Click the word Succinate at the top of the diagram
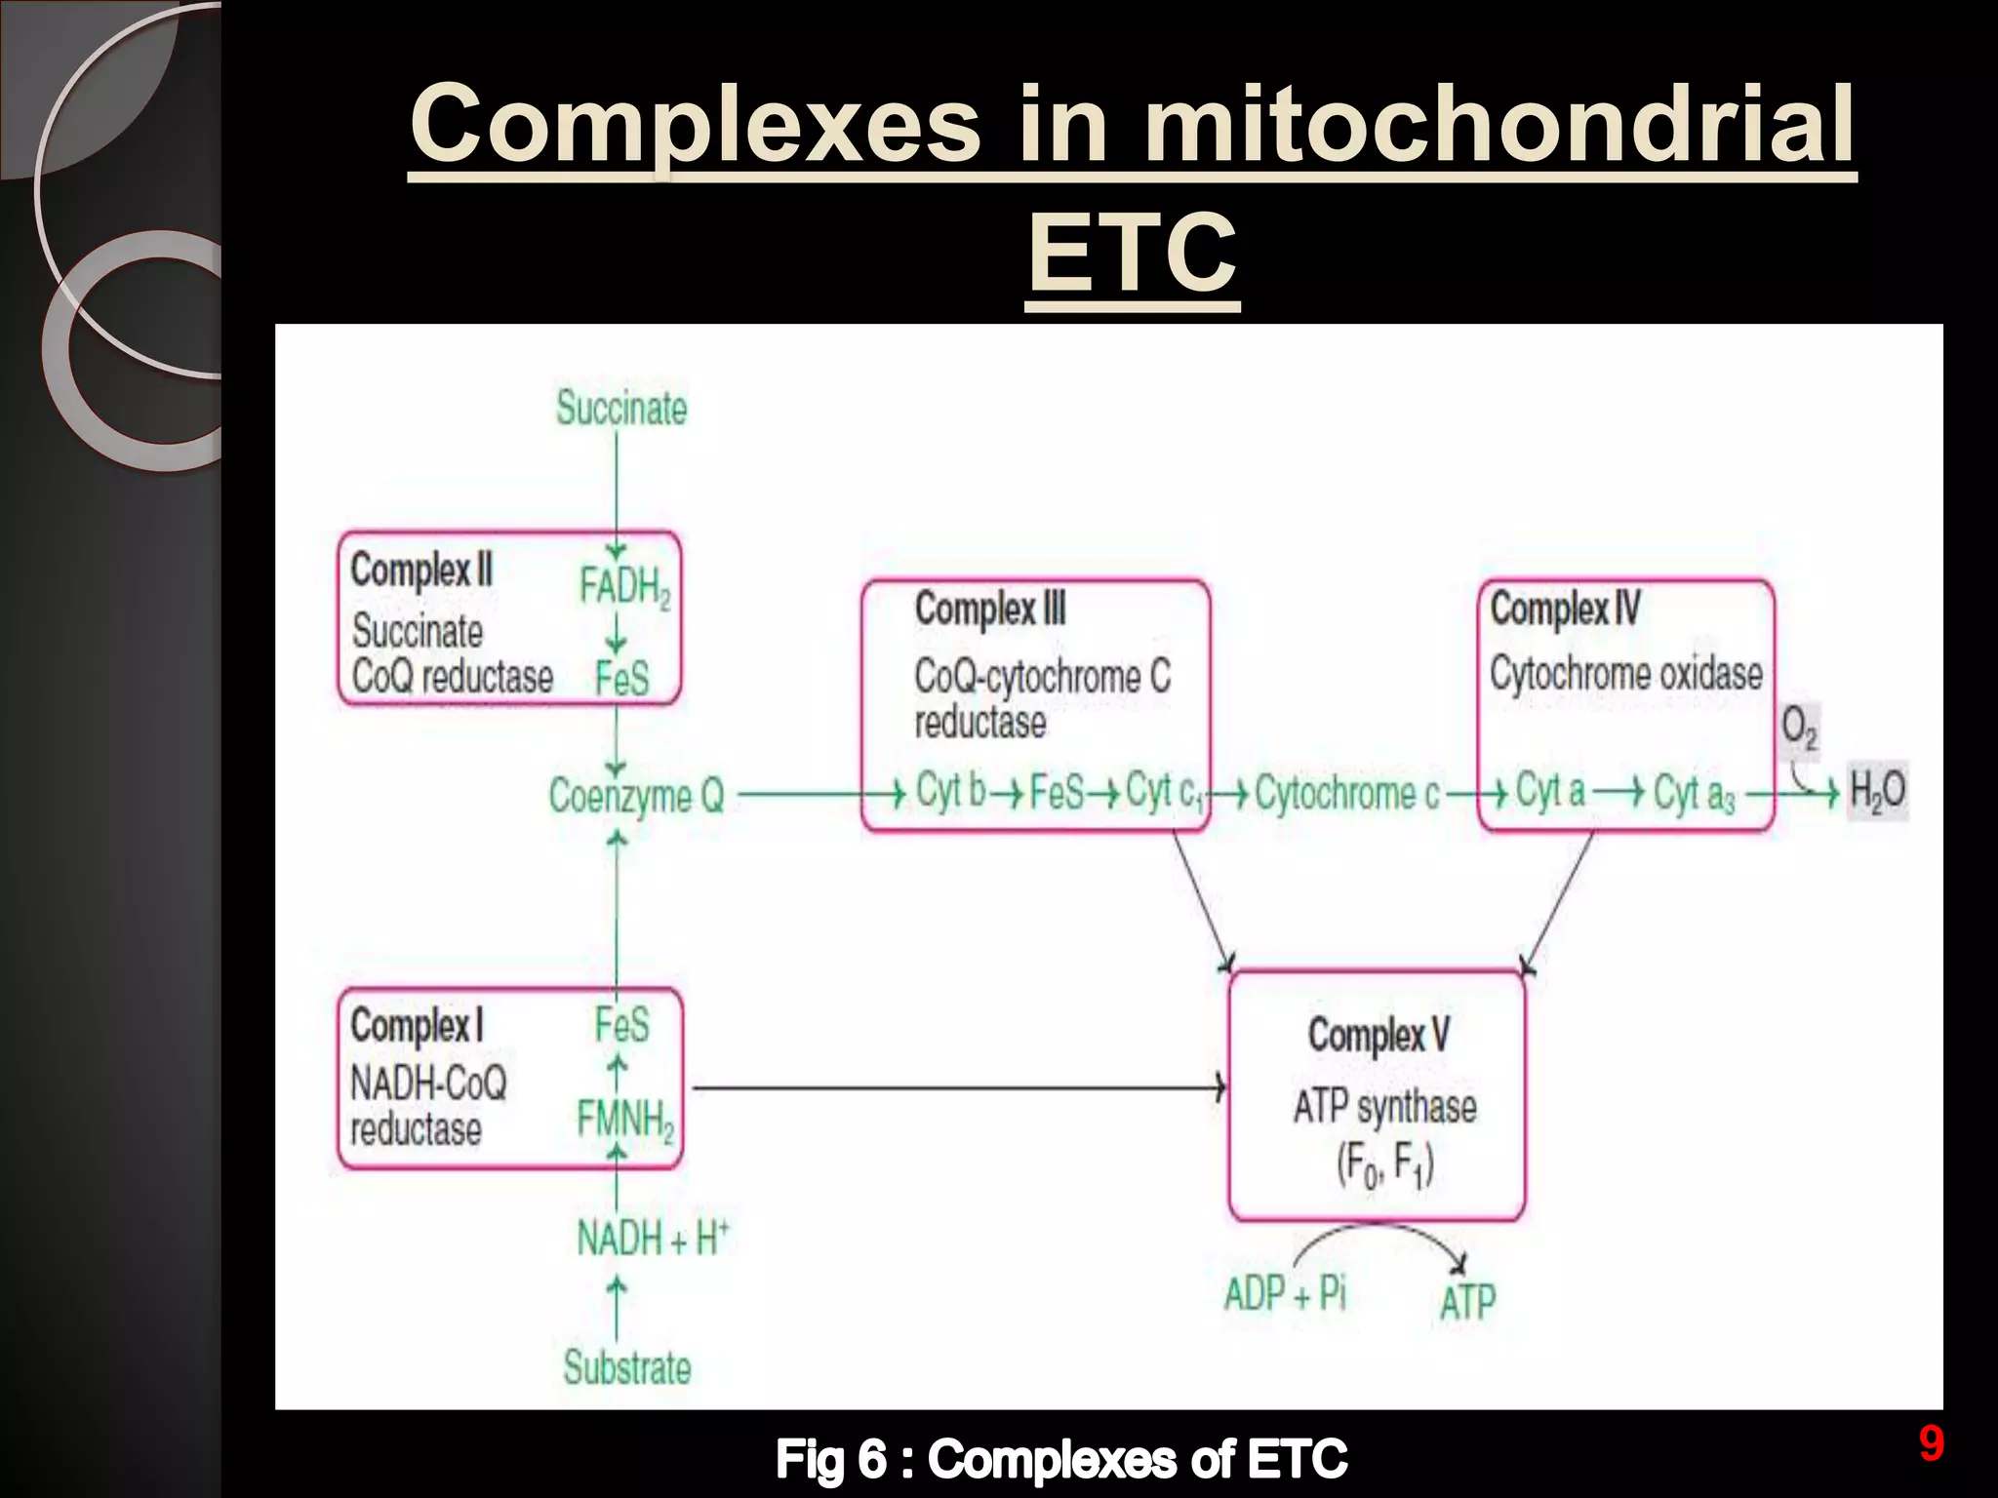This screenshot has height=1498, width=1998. click(x=621, y=408)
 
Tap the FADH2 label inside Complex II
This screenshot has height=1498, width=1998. click(x=624, y=587)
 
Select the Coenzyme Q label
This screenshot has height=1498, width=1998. click(x=636, y=796)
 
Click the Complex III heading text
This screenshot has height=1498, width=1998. click(x=990, y=610)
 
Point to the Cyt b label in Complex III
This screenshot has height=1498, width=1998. click(x=950, y=791)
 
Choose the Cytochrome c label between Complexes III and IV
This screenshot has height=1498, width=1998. click(x=1346, y=793)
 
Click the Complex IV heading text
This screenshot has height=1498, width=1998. click(x=1565, y=610)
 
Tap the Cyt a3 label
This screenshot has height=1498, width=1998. click(x=1695, y=794)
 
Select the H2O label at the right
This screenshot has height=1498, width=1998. click(x=1877, y=791)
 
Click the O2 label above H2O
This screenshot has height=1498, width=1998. click(x=1799, y=728)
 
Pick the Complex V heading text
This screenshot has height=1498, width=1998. click(x=1379, y=1035)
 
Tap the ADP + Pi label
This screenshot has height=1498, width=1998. click(x=1285, y=1294)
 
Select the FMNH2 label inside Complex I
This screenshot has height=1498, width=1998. click(x=625, y=1120)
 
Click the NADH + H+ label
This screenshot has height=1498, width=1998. click(x=652, y=1239)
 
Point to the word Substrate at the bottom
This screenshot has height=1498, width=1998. click(x=626, y=1367)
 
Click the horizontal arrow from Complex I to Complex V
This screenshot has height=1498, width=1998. click(x=956, y=1086)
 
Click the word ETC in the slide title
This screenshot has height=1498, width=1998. click(x=1133, y=254)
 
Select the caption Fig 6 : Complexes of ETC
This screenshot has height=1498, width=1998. click(x=1061, y=1460)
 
